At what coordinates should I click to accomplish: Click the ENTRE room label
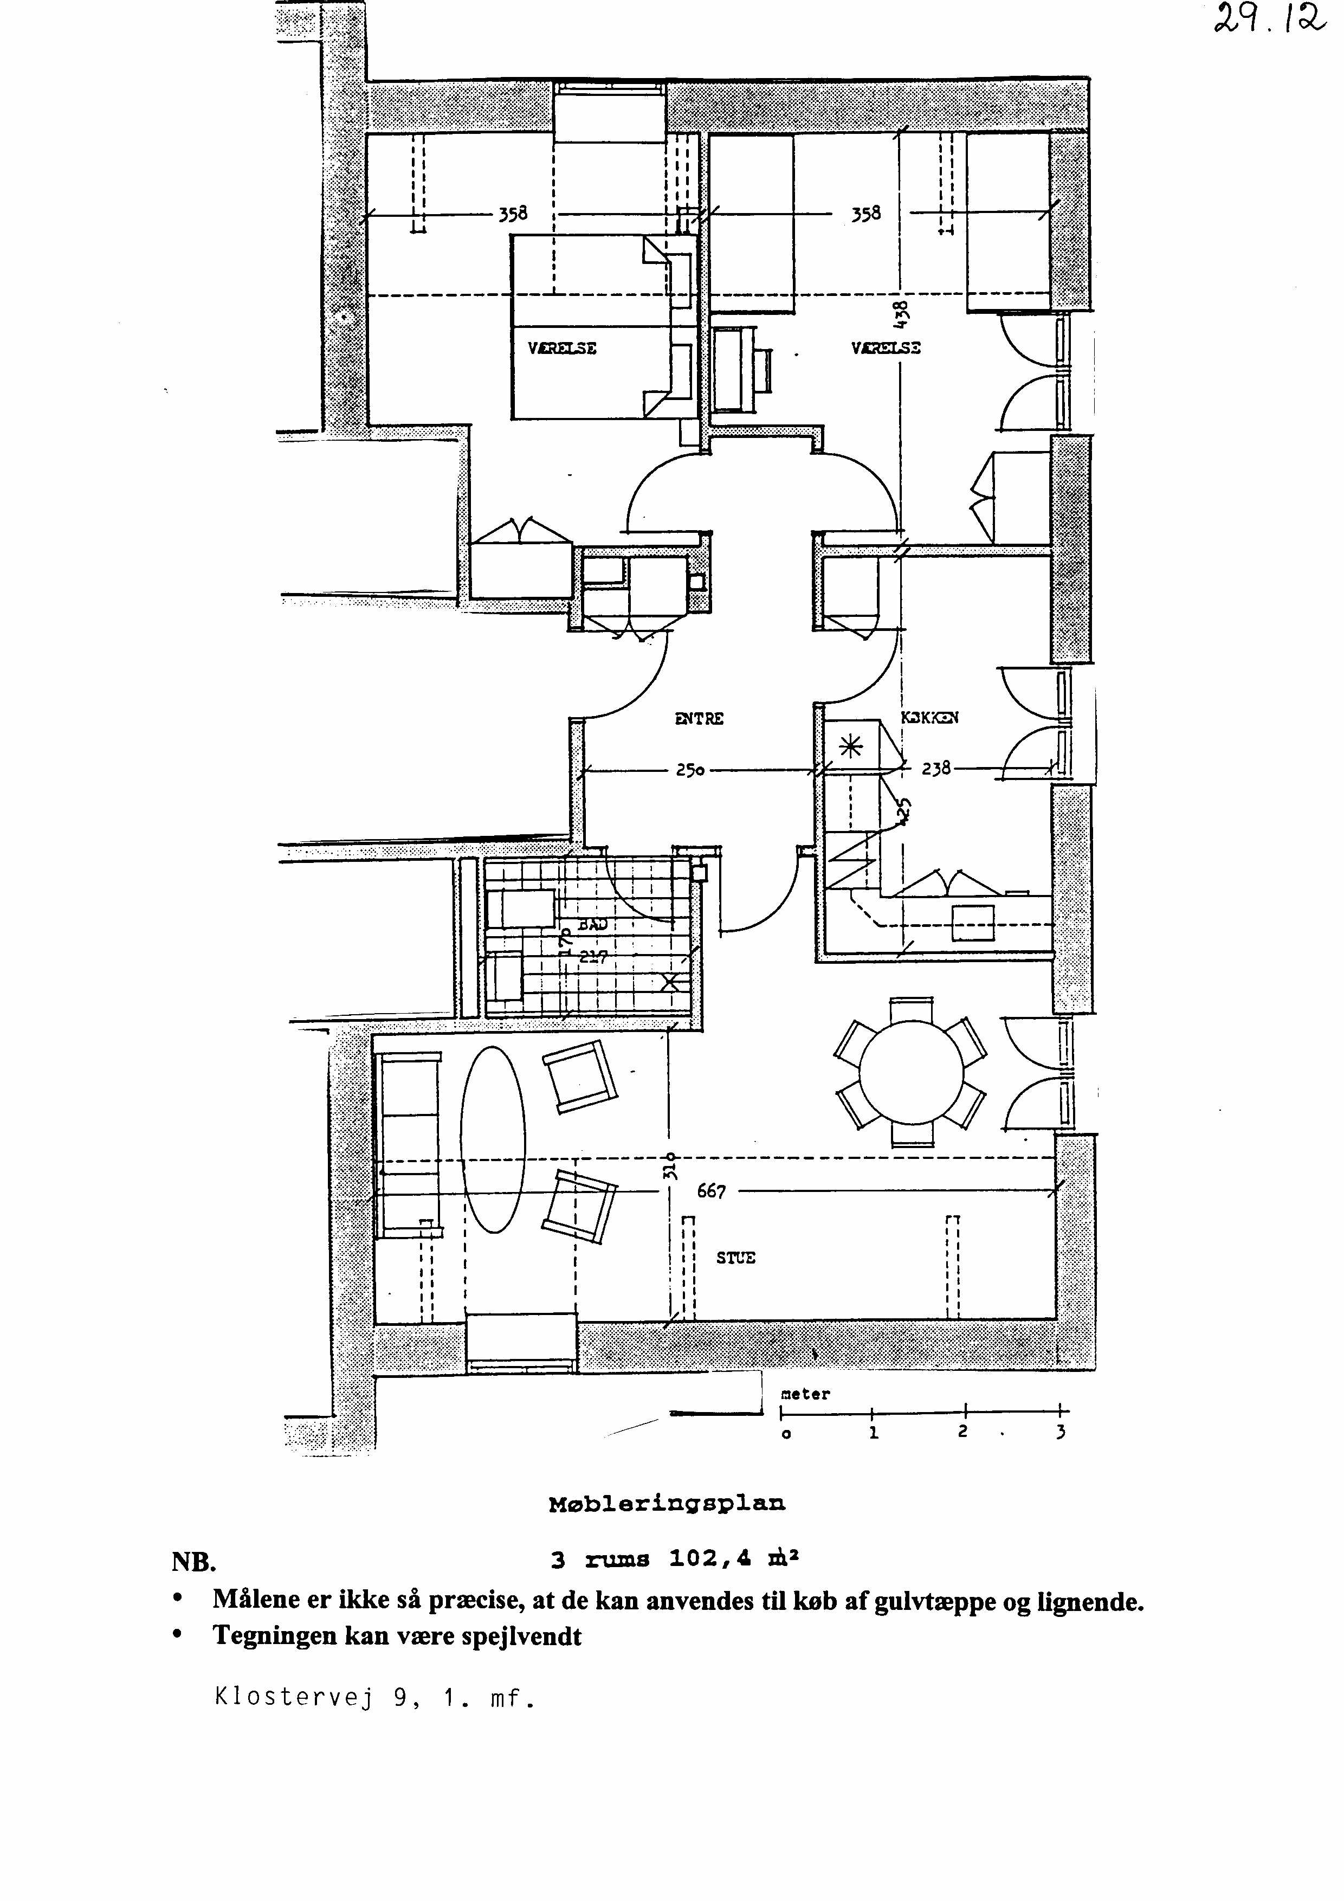click(x=699, y=719)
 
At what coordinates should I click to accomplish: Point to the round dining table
click(x=911, y=1073)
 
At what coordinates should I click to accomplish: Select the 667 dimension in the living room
click(x=711, y=1191)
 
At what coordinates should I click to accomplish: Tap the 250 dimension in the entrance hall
click(x=690, y=770)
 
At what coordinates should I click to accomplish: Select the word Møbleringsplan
click(x=667, y=1503)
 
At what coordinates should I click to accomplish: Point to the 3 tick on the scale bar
click(x=1061, y=1433)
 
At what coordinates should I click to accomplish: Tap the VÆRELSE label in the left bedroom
click(x=562, y=349)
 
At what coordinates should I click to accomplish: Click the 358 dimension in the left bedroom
click(x=512, y=215)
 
